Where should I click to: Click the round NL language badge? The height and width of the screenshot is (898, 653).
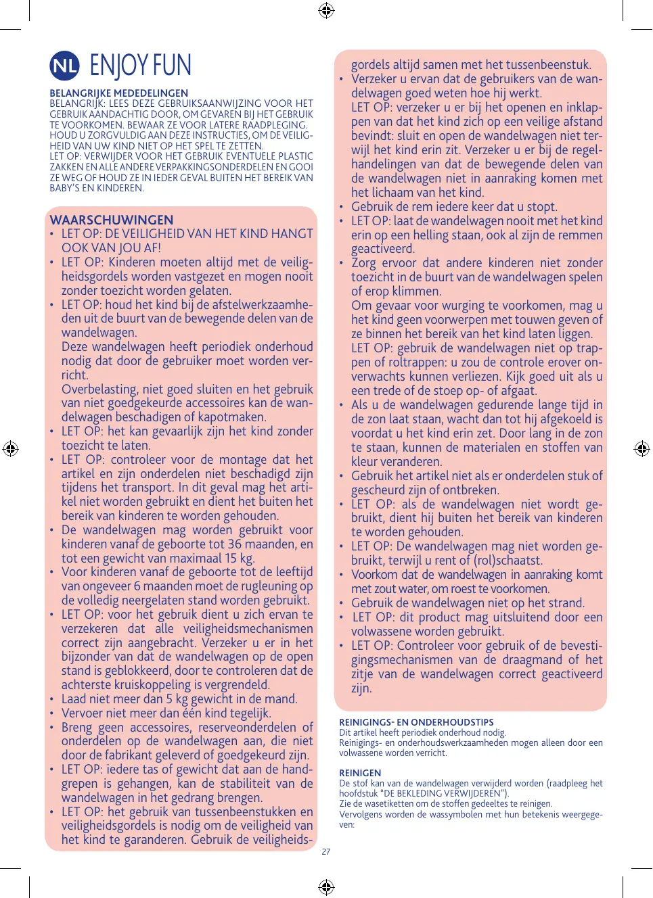coord(65,66)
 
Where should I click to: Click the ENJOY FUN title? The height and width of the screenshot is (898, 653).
coord(141,66)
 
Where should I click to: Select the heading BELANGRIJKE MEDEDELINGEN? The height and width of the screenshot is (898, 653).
coord(118,93)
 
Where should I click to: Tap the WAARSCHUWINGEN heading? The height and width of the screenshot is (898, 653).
coord(112,220)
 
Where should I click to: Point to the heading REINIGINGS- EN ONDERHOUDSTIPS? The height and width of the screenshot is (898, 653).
coord(416,722)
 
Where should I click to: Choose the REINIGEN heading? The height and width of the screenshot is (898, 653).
coord(360,773)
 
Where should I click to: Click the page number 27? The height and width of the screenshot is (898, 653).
coord(326,852)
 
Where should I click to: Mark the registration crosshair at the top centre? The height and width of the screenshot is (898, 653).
coord(326,10)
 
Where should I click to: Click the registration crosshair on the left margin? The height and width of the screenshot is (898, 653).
coord(10,448)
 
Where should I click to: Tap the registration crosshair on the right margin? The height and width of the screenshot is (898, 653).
coord(642,448)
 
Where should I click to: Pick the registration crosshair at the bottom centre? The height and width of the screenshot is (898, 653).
coord(326,887)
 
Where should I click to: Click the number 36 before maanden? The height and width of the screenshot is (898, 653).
coord(234,544)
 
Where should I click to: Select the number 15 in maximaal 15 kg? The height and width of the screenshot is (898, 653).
coord(231,559)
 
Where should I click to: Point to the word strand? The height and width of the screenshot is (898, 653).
coord(566,603)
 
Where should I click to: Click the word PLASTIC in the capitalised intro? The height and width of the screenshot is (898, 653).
coord(295,156)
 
